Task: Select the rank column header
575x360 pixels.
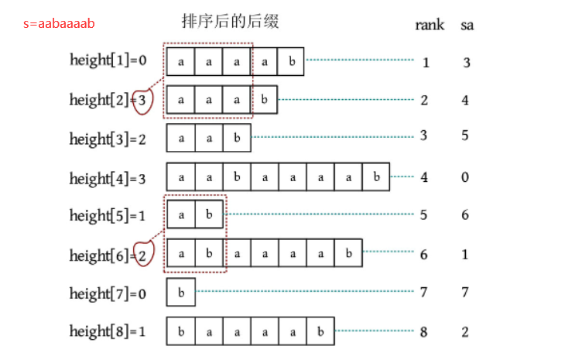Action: [x=429, y=25]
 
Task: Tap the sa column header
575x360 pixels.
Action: [x=467, y=25]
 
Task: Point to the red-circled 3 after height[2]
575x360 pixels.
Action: [x=142, y=100]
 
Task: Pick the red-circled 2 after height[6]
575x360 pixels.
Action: [x=142, y=255]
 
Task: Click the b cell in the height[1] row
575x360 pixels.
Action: [x=291, y=61]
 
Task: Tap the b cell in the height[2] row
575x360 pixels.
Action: [x=264, y=100]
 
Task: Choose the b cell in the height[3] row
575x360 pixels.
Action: [x=237, y=139]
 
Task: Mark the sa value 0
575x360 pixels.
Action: [x=465, y=177]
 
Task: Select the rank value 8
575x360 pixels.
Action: [x=424, y=333]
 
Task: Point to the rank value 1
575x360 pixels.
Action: [x=426, y=62]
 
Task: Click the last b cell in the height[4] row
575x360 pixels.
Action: [x=376, y=177]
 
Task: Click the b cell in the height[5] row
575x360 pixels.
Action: [x=209, y=216]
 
